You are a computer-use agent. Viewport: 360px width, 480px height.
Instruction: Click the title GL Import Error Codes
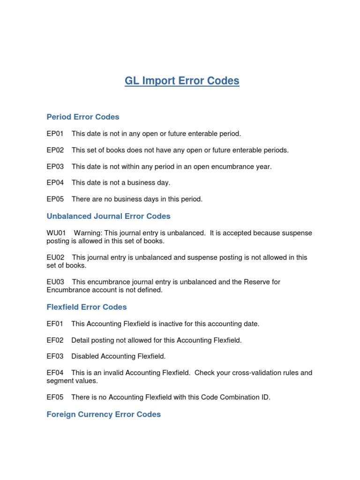tap(182, 81)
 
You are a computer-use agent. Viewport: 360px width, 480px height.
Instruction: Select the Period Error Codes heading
tap(83, 117)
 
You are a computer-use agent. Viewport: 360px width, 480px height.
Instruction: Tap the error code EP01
tap(55, 134)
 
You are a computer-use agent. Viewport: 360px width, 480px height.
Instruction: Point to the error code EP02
tap(55, 150)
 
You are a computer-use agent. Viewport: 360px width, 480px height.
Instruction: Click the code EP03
tap(55, 166)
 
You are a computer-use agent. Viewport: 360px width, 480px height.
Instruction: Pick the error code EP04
tap(55, 183)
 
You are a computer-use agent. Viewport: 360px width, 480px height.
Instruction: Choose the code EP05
tap(55, 199)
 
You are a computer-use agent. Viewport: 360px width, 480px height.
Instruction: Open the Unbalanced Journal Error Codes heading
tap(108, 216)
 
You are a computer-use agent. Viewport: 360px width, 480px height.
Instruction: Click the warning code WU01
tap(56, 233)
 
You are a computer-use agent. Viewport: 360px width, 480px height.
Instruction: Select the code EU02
tap(55, 257)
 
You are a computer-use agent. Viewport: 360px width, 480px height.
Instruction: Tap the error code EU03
tap(55, 282)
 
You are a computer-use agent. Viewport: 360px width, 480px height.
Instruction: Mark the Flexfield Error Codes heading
tap(87, 307)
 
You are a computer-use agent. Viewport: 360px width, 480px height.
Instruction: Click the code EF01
tap(55, 324)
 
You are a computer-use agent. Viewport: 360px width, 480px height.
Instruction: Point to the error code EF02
tap(55, 340)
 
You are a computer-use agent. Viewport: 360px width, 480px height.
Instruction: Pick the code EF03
tap(55, 356)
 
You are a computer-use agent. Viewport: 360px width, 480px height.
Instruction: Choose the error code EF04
tap(55, 373)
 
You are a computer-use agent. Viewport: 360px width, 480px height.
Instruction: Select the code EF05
tap(55, 397)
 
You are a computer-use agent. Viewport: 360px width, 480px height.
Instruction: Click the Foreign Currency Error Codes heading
tap(104, 414)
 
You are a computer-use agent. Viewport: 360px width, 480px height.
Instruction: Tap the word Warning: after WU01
tap(88, 233)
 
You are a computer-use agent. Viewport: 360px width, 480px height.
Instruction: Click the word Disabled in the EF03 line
tap(85, 356)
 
